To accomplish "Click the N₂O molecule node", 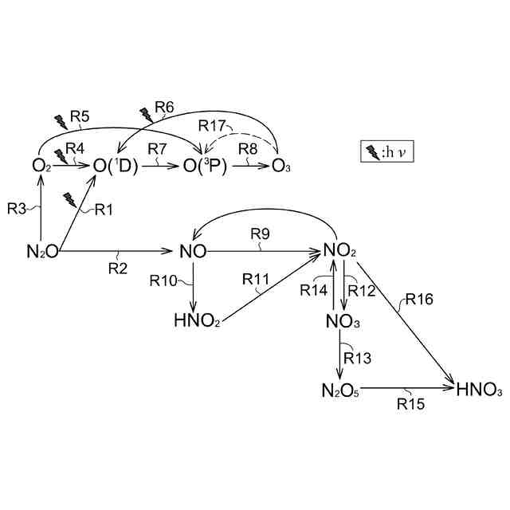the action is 41,252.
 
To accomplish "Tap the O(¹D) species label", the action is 116,166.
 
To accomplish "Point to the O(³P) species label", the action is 206,166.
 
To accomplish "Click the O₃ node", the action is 280,166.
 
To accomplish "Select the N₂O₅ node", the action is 340,390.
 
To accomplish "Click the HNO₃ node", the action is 479,390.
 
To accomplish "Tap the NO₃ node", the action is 343,321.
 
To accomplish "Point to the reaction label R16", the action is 419,299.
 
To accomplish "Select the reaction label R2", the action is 118,268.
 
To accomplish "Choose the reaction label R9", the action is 261,233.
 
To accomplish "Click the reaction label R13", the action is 359,358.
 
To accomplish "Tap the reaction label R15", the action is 408,404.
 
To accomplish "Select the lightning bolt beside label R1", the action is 71,200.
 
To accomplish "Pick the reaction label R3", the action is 18,209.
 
